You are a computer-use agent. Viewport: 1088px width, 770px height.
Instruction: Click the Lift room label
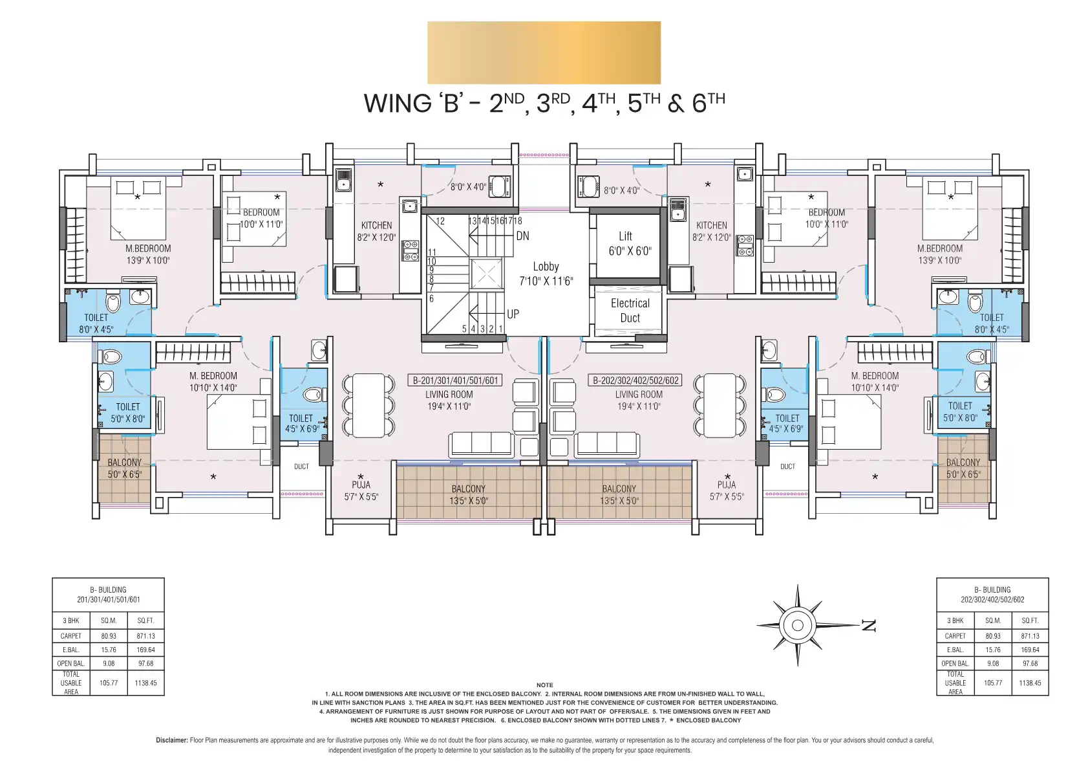(626, 236)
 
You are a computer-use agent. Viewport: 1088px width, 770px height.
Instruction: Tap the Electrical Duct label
(630, 311)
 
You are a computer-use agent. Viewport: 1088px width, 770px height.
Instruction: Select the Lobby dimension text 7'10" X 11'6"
(546, 281)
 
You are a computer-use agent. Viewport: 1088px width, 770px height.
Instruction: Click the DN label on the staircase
(522, 236)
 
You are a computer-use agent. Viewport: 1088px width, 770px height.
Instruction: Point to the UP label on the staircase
(513, 314)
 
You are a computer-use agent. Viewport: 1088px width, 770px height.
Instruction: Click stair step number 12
(440, 221)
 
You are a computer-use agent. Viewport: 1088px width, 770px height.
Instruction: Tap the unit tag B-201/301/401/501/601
(455, 380)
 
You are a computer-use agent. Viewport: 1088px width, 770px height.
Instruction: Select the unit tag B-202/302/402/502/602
(635, 380)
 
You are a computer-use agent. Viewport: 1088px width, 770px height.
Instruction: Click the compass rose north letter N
(868, 625)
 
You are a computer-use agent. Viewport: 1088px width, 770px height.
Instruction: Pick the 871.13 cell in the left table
(145, 636)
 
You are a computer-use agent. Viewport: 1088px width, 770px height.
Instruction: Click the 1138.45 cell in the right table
(1030, 683)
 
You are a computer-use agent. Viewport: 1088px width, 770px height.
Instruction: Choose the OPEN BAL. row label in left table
(71, 663)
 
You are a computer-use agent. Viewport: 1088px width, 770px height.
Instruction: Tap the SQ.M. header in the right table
(993, 621)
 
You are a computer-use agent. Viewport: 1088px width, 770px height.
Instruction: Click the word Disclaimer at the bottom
(171, 740)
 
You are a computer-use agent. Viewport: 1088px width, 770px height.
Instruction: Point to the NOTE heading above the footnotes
(544, 685)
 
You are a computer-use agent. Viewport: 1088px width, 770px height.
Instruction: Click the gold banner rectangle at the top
(544, 52)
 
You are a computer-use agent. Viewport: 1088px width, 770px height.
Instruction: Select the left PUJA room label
(361, 485)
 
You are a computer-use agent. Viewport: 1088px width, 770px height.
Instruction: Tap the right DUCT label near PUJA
(787, 467)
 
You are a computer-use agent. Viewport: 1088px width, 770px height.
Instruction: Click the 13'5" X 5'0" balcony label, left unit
(468, 501)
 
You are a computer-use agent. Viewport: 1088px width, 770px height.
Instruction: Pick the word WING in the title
(398, 104)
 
